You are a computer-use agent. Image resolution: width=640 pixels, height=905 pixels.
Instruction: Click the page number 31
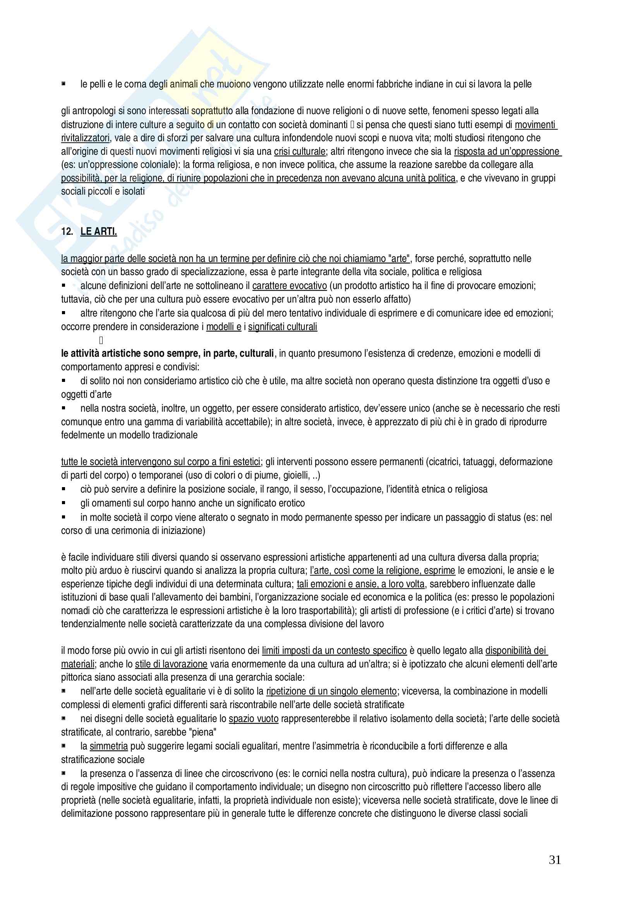coord(554,860)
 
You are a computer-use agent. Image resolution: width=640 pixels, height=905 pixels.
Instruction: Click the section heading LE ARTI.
coord(99,231)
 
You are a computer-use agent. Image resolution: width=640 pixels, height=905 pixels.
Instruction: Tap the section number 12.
coord(67,231)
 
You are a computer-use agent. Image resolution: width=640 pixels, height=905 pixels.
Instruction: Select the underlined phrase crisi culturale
coord(300,151)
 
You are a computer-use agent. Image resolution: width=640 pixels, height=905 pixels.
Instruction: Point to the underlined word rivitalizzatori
coord(85,138)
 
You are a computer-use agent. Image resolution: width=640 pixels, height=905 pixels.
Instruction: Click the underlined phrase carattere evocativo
coord(290,286)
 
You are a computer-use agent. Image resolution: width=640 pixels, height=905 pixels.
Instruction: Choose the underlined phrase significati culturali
coord(282,327)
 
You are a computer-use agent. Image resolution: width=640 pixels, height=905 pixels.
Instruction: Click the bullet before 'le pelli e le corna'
coord(63,84)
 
